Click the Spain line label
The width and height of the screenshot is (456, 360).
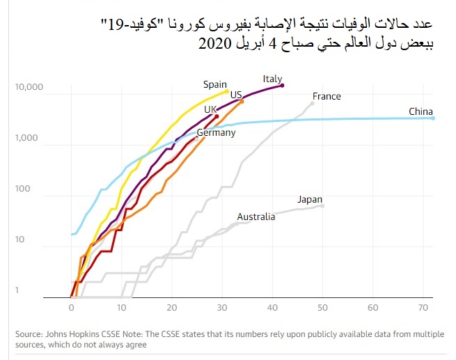pos(215,85)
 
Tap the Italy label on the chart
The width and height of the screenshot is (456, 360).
pos(273,79)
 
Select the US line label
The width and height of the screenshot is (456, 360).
pos(236,95)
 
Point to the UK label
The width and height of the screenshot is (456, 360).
pos(212,110)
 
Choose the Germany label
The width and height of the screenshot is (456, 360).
pos(217,132)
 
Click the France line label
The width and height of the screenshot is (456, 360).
pos(327,96)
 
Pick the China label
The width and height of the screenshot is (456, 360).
pos(421,111)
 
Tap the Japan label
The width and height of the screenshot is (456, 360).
pos(310,199)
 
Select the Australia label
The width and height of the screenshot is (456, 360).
pos(256,217)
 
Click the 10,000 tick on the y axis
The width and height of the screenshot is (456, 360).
pos(29,88)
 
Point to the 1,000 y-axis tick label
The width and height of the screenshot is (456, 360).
pos(31,139)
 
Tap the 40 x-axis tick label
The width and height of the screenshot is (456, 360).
pos(273,307)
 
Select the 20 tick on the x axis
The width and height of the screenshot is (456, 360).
pos(172,307)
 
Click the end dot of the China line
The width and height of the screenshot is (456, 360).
pos(433,118)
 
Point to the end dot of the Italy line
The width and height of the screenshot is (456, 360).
pos(283,85)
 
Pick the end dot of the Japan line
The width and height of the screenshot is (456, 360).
pos(322,205)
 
